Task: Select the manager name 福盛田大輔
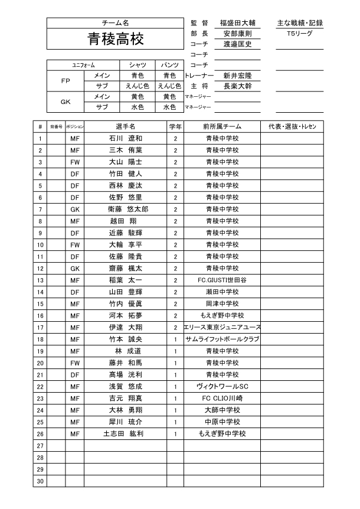(x=237, y=23)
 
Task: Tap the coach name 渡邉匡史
(x=237, y=44)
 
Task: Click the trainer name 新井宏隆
(x=237, y=76)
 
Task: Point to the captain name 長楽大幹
(x=237, y=86)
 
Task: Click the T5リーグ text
(x=299, y=34)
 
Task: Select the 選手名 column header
(x=125, y=127)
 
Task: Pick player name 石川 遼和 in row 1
(x=125, y=139)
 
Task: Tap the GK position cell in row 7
(x=74, y=210)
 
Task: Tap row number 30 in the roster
(x=40, y=482)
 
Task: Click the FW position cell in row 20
(x=74, y=363)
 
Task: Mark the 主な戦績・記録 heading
(x=299, y=23)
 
